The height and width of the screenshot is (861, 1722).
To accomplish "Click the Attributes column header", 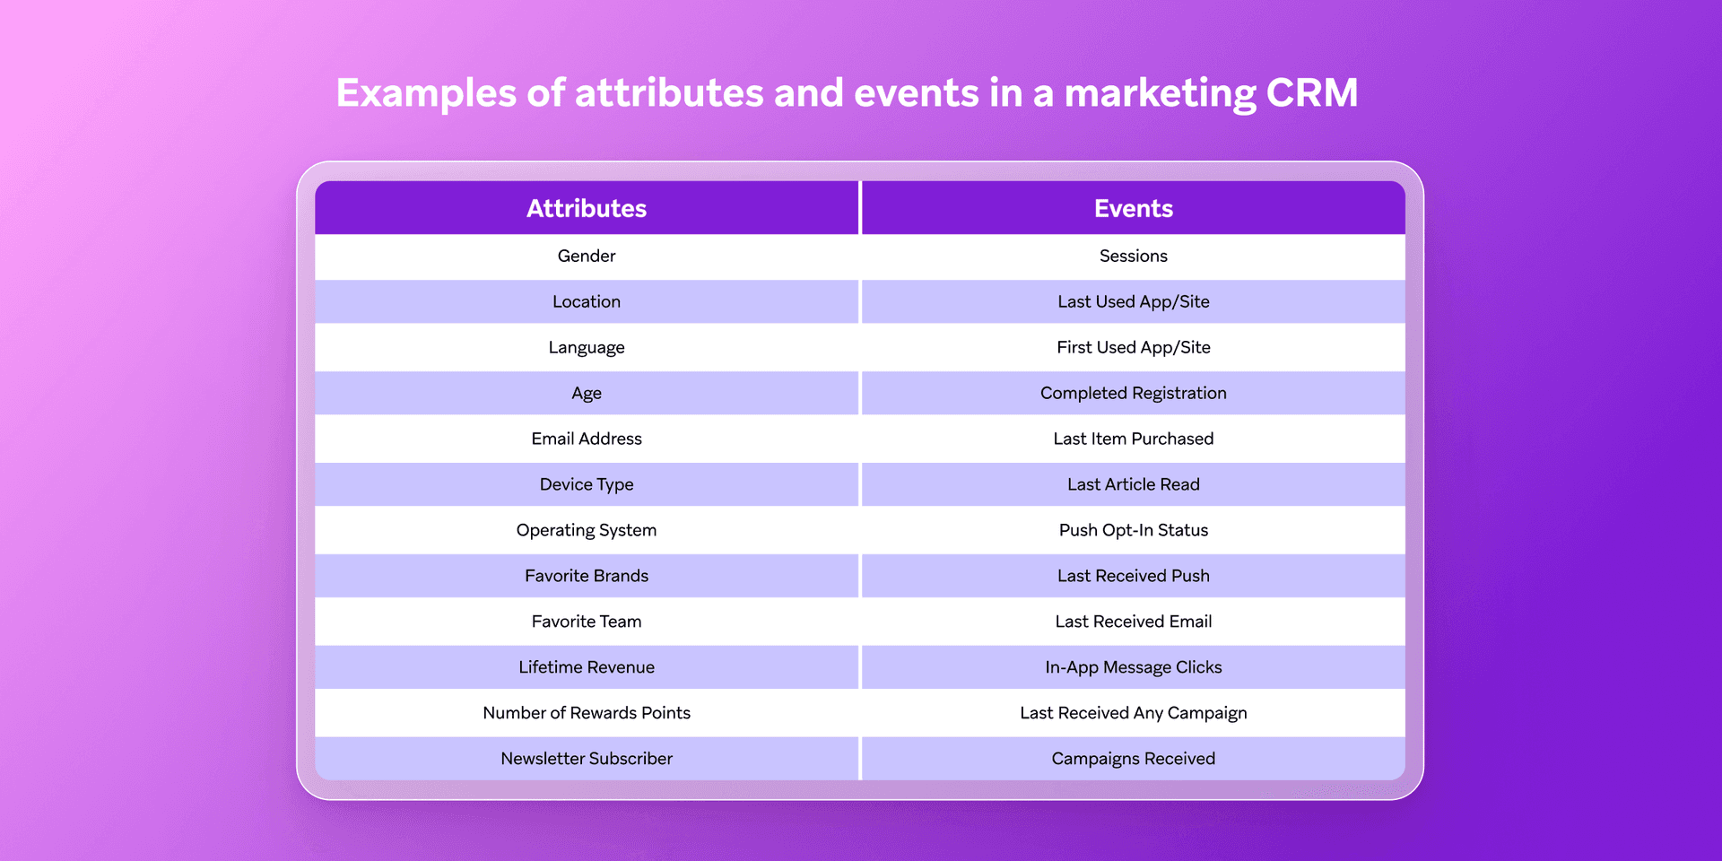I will pos(587,208).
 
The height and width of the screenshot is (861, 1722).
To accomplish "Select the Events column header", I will pos(1133,208).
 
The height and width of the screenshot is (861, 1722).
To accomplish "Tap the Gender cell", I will pos(587,256).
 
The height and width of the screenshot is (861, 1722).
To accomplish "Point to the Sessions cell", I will pos(1133,256).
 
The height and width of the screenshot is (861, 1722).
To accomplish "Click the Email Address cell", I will pos(587,439).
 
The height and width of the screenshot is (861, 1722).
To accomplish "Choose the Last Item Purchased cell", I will pos(1133,439).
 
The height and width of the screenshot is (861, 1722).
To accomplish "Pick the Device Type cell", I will pos(587,484).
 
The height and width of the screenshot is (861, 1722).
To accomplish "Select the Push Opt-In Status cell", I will pos(1133,530).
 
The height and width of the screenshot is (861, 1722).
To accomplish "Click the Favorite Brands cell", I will pos(587,576).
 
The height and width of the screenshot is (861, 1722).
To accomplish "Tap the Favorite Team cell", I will pos(587,622).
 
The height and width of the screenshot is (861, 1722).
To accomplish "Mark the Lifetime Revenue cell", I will pos(587,667).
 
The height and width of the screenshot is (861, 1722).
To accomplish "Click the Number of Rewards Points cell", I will pos(587,713).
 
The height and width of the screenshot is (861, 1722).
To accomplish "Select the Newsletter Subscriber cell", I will pos(587,759).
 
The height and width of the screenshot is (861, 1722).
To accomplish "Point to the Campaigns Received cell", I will pos(1133,759).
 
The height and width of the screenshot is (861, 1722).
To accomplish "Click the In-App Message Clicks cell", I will pos(1133,667).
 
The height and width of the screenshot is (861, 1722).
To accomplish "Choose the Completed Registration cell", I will pos(1133,393).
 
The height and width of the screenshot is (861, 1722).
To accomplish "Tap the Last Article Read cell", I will pos(1133,484).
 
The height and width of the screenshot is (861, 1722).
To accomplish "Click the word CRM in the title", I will pos(1312,93).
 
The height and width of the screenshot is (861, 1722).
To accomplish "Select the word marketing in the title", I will pos(1160,93).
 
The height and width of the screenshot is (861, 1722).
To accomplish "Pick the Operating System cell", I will pos(587,530).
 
